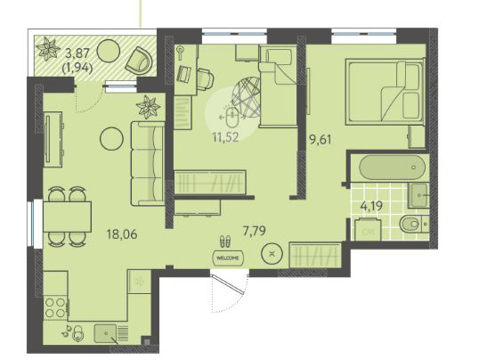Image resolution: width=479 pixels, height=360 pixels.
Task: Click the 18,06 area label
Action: [x=122, y=234]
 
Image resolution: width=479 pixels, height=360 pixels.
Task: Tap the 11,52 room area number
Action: [x=226, y=137]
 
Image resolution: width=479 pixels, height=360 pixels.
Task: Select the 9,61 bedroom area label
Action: [x=321, y=140]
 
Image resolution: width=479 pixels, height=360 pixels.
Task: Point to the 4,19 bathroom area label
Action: [x=371, y=206]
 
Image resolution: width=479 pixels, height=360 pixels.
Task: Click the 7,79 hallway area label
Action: [x=254, y=230]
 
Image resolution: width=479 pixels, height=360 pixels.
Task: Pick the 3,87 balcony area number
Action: [x=77, y=53]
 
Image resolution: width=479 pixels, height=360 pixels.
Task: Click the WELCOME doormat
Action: [x=228, y=258]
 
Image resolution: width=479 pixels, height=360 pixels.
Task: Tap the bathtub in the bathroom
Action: [x=393, y=168]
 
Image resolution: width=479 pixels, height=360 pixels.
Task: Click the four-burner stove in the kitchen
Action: [x=55, y=308]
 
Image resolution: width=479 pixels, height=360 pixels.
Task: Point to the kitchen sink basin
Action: [x=105, y=333]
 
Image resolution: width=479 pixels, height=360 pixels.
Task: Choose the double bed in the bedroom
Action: [x=385, y=92]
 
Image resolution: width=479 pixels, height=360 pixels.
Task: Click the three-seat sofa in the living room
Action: [x=148, y=163]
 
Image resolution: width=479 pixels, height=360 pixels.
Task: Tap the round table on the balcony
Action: [x=109, y=52]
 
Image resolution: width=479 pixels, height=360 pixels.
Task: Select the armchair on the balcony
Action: [x=139, y=61]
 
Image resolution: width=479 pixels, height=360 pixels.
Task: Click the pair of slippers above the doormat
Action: [x=225, y=241]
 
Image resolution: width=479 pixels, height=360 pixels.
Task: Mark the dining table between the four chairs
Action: [x=67, y=217]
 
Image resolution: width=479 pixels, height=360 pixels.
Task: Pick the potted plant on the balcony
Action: [x=48, y=49]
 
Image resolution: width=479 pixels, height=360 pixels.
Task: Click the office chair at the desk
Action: [x=205, y=78]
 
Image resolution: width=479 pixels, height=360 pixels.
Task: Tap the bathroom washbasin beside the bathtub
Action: [x=418, y=195]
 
